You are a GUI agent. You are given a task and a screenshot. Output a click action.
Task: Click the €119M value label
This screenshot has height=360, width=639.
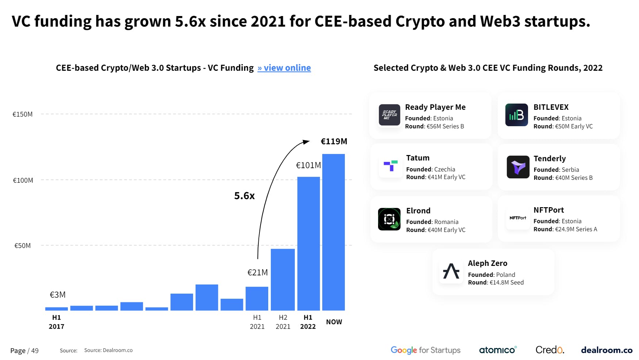coord(334,142)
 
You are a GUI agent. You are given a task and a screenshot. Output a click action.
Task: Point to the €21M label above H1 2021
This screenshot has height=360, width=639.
coord(257,272)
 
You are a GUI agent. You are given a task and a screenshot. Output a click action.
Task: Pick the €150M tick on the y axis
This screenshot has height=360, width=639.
coord(23,114)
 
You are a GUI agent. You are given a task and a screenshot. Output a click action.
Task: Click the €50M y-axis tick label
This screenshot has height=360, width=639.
coord(23,245)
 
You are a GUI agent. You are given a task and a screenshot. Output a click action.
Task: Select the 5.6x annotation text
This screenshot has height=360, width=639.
coord(244,196)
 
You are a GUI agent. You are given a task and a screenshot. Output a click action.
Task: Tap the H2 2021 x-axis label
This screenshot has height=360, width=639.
coord(283,322)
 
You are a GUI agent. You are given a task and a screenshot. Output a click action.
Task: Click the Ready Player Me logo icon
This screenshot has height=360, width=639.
coord(389,115)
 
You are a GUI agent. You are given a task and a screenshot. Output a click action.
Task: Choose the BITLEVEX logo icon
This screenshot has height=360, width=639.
coord(516,115)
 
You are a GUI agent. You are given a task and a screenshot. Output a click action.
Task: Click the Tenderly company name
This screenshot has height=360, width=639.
coord(549,159)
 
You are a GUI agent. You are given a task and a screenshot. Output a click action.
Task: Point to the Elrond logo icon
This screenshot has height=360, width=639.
coord(389,219)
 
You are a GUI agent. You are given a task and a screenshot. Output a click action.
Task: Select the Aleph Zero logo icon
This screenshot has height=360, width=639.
coord(451,271)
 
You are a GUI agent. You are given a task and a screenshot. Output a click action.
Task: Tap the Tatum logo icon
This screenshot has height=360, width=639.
coord(390,166)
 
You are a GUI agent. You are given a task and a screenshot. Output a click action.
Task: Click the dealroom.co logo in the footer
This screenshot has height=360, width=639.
coord(606,350)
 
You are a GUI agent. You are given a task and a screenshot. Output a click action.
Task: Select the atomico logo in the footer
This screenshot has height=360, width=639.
coord(497,350)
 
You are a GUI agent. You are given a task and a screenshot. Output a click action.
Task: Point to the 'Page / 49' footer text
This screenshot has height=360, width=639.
coord(24,351)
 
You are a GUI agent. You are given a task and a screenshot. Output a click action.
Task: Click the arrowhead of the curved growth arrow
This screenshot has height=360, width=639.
coord(307,142)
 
